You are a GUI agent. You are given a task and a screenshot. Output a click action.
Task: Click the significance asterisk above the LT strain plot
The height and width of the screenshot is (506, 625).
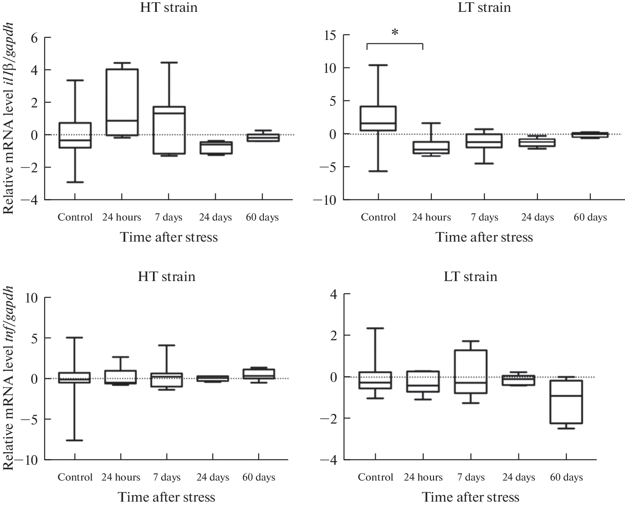395,32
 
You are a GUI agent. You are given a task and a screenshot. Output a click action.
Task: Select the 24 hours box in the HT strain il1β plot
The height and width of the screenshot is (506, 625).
122,102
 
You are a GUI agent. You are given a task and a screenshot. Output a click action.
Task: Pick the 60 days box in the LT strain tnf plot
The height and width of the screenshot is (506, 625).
565,402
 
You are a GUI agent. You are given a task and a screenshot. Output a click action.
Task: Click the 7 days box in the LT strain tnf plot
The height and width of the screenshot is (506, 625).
471,371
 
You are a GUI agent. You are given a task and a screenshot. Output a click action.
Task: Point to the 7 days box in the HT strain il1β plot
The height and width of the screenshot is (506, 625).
169,130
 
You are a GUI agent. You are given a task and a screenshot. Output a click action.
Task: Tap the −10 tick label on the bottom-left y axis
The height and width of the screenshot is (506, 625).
28,460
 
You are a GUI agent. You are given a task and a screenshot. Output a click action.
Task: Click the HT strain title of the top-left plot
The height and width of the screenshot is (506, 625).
169,7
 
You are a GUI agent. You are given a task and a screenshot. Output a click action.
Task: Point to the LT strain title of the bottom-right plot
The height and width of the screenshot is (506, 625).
471,277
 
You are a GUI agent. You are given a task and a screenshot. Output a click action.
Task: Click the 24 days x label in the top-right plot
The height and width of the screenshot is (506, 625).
537,217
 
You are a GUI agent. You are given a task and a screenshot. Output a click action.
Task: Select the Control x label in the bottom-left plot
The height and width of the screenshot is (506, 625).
75,477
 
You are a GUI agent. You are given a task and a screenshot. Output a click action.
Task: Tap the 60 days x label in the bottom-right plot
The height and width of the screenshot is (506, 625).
566,477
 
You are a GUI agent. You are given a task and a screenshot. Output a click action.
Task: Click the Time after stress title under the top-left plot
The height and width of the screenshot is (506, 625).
169,237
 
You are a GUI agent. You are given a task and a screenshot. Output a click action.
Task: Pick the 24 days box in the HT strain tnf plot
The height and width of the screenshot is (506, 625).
213,378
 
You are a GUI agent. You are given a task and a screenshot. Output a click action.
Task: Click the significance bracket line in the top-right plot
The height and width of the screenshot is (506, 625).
394,43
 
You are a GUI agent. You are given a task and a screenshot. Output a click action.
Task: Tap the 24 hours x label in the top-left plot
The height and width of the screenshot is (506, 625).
122,217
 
